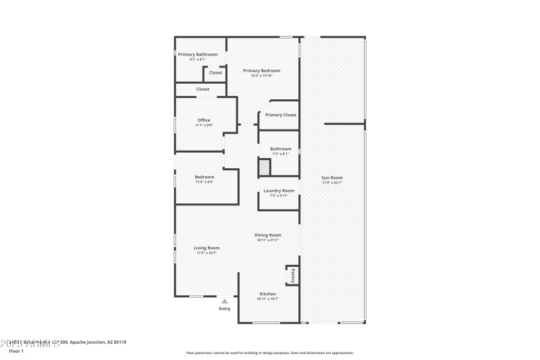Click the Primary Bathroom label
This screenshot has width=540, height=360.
tap(197, 54)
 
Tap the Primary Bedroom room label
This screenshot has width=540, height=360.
tap(261, 70)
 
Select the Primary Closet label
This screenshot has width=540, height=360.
tap(280, 115)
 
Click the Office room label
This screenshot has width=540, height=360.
tap(203, 120)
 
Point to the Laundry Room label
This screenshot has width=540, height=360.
tap(278, 190)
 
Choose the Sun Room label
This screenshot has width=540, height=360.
tap(331, 178)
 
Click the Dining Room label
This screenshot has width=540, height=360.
tap(267, 235)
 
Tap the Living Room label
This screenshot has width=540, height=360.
tap(207, 248)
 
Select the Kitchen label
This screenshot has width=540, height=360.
tap(268, 294)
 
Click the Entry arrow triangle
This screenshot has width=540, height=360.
tap(225, 301)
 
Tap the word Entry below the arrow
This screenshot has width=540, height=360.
tap(225, 309)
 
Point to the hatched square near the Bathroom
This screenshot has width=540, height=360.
tap(264, 167)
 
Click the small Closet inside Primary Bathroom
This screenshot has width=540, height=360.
tap(215, 72)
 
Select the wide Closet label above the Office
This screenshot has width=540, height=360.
tap(202, 89)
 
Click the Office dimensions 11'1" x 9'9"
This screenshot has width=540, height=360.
tap(203, 125)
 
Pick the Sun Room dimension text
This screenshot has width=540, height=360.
tap(331, 182)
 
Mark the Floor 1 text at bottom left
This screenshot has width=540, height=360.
tap(16, 351)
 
